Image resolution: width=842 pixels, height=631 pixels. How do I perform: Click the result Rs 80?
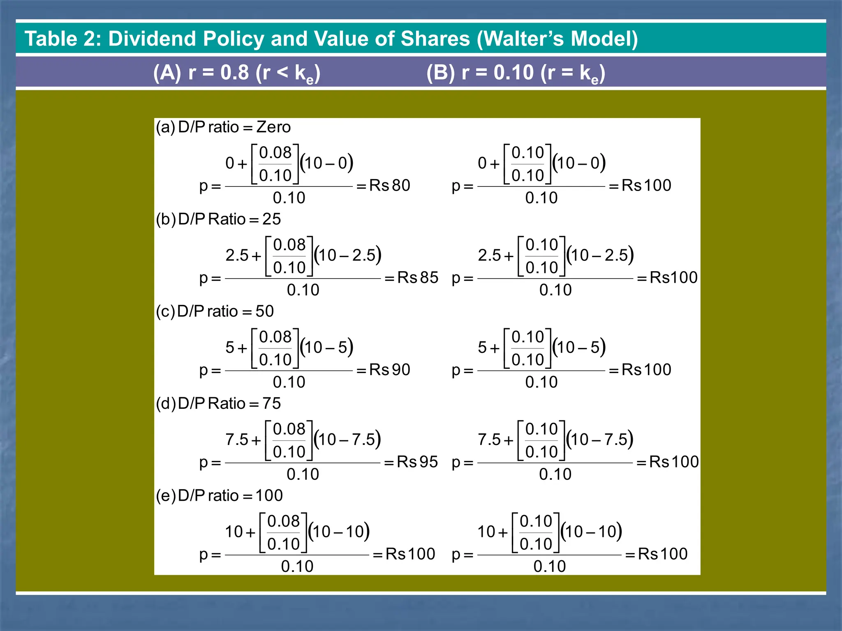[389, 186]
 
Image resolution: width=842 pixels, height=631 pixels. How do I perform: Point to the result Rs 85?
[418, 278]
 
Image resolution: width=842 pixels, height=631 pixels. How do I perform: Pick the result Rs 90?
[389, 370]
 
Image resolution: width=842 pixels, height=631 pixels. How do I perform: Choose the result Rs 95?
[417, 462]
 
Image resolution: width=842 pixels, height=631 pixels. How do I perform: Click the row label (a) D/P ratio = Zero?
[223, 127]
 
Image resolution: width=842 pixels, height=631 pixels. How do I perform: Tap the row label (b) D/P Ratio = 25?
[218, 219]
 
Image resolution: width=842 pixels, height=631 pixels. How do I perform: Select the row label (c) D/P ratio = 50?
[215, 311]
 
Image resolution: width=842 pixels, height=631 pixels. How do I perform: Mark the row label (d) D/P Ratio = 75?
[218, 403]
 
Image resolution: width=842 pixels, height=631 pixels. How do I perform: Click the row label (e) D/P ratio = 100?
[219, 495]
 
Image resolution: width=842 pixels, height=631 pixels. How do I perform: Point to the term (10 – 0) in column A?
[327, 163]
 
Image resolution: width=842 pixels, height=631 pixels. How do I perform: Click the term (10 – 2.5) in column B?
[600, 255]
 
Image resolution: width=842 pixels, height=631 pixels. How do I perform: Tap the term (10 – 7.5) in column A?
[347, 440]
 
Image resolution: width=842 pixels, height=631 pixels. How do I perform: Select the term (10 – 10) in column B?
[592, 532]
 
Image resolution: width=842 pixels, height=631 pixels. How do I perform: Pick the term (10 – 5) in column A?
[327, 348]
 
